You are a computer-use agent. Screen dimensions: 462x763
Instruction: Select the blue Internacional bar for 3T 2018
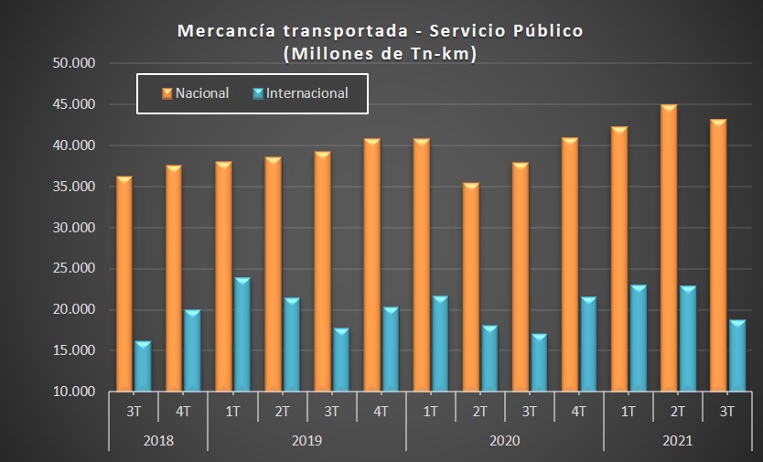click(143, 367)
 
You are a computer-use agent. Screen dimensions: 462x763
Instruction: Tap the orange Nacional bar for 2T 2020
click(471, 287)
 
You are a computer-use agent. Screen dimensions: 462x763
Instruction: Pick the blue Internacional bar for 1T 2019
click(242, 335)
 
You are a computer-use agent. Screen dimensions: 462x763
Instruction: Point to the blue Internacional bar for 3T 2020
click(539, 363)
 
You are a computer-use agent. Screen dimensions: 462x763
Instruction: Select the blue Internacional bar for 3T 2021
click(736, 356)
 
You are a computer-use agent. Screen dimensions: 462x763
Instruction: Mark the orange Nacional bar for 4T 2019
click(372, 265)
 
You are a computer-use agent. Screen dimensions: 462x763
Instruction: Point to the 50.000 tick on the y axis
click(75, 64)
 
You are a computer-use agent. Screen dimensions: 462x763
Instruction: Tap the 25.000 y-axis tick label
click(75, 269)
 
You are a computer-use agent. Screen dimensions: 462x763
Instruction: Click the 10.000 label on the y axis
click(75, 392)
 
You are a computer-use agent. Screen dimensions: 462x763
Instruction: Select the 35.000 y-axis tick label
click(75, 187)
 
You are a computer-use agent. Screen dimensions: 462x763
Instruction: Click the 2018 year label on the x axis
click(158, 440)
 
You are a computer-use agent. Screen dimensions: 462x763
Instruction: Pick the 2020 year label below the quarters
click(504, 440)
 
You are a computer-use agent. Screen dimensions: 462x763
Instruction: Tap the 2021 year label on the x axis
click(677, 440)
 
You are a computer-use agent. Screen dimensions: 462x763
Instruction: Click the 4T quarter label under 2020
click(578, 411)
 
